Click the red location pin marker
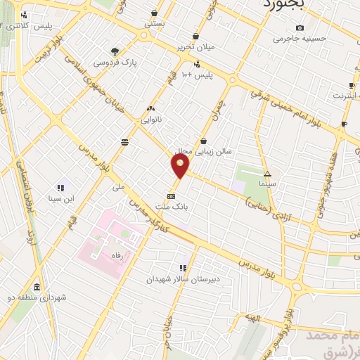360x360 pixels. (x=180, y=166)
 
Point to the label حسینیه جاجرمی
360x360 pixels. (x=300, y=39)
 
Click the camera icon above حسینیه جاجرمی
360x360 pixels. (x=300, y=28)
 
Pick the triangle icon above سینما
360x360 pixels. (x=266, y=173)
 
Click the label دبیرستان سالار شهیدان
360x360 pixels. (x=184, y=278)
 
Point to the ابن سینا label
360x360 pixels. (x=60, y=198)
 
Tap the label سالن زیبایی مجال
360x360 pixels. (x=203, y=150)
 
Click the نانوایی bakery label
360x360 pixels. (x=151, y=119)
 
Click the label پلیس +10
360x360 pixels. (x=196, y=74)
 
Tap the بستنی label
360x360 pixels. (x=155, y=23)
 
